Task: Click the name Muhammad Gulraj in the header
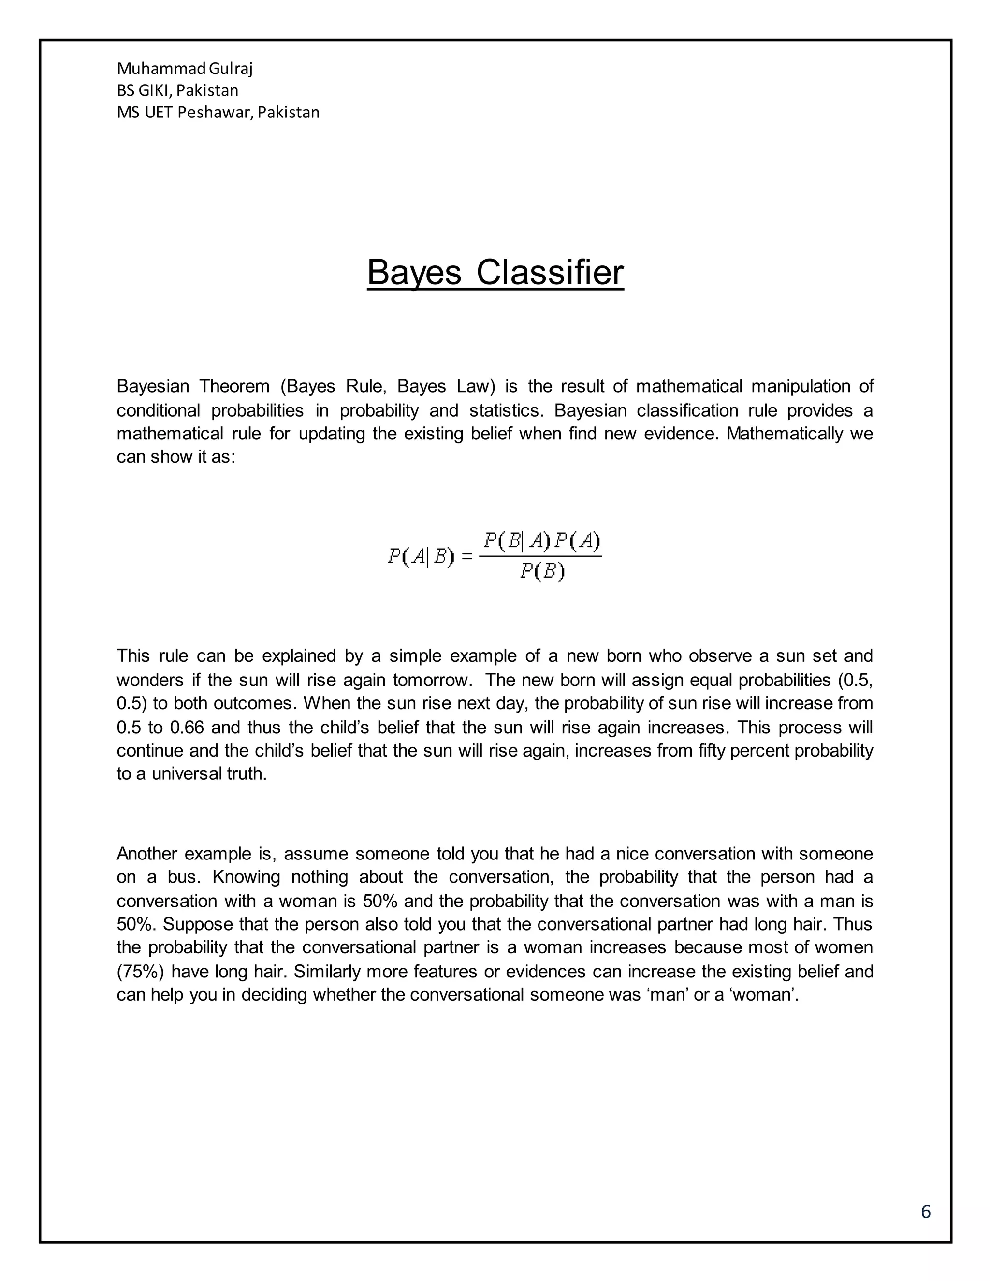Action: point(184,69)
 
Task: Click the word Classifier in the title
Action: point(550,273)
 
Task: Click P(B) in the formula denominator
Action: point(541,571)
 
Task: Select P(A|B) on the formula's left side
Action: point(421,556)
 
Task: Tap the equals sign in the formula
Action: point(467,556)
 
